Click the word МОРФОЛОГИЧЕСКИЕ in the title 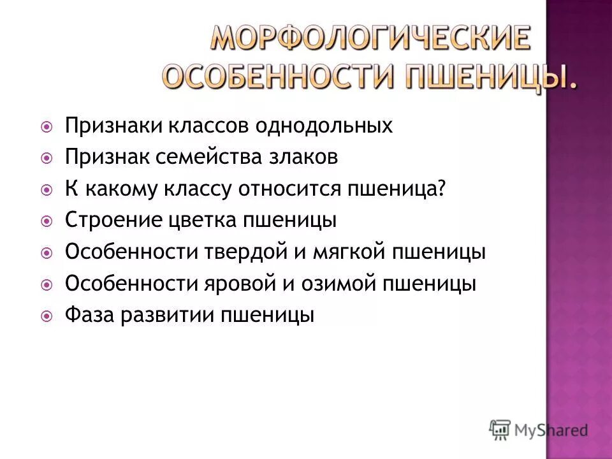pos(370,40)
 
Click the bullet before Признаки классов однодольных pos(47,126)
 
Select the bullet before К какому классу pos(47,189)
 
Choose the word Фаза pos(87,316)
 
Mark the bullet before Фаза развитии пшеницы pos(47,316)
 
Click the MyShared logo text pos(551,430)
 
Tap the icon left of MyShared pos(500,430)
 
